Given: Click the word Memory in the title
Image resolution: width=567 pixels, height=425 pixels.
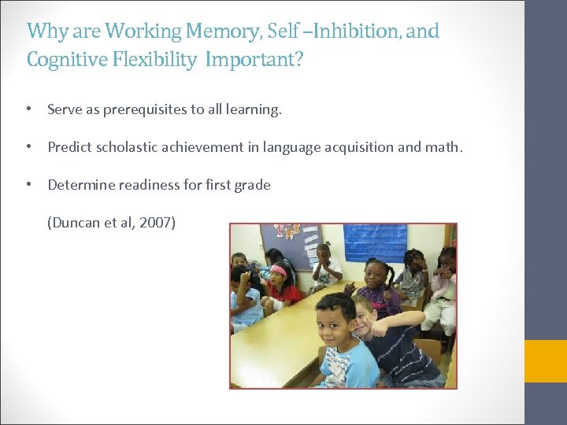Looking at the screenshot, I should click(215, 31).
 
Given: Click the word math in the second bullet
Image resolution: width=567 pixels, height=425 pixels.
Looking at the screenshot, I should click(445, 147).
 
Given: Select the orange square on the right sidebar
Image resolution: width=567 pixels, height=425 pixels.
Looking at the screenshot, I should click(546, 361).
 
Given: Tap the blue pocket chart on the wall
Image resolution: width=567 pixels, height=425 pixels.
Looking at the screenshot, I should click(375, 242).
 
